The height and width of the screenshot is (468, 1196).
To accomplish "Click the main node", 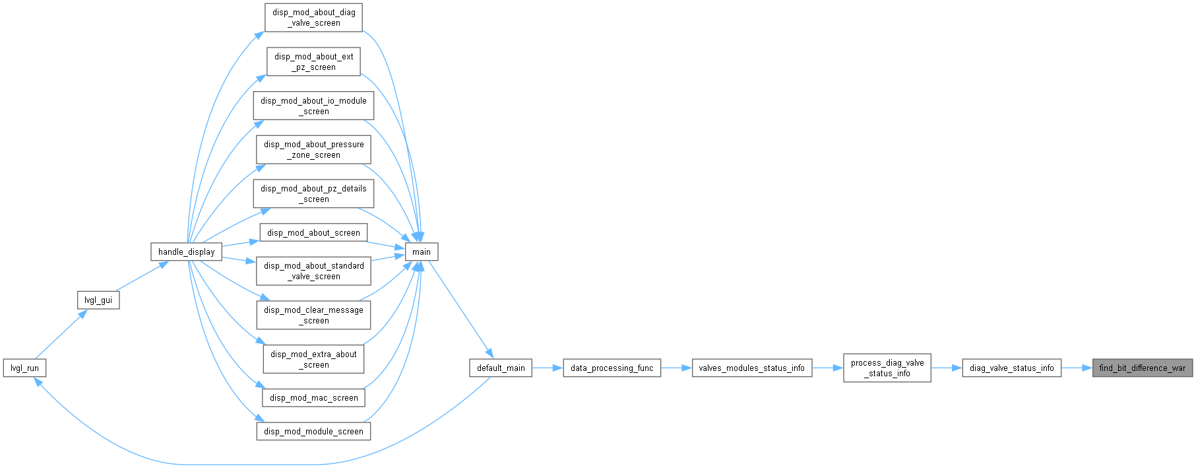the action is pyautogui.click(x=422, y=251).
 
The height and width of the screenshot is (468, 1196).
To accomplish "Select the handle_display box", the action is pyautogui.click(x=187, y=251).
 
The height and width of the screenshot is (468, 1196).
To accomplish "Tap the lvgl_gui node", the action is pyautogui.click(x=98, y=300).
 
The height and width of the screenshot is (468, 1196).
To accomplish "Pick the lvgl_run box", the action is pyautogui.click(x=24, y=368).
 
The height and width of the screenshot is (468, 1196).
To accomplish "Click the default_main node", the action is pyautogui.click(x=501, y=368).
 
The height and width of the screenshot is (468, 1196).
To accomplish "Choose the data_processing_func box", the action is pyautogui.click(x=612, y=368).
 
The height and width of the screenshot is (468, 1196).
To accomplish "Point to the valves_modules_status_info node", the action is pyautogui.click(x=752, y=368).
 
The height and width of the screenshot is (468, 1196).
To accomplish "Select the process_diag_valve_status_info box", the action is pyautogui.click(x=887, y=368).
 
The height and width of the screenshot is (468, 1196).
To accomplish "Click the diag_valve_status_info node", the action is pyautogui.click(x=1012, y=368).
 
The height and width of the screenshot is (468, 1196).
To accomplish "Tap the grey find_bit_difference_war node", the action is pyautogui.click(x=1143, y=368).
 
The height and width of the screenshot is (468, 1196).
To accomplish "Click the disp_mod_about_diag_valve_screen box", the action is pyautogui.click(x=314, y=17).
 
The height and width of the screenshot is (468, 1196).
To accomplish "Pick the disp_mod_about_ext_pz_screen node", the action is pyautogui.click(x=314, y=61).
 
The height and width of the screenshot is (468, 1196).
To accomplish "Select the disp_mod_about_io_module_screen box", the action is pyautogui.click(x=314, y=106).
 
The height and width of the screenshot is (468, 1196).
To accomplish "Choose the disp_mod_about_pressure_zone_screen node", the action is pyautogui.click(x=314, y=149).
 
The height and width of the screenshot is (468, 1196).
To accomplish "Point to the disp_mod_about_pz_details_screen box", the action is pyautogui.click(x=314, y=193).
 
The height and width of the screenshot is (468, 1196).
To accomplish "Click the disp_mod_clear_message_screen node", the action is pyautogui.click(x=314, y=315).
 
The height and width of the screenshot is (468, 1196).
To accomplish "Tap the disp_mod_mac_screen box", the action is pyautogui.click(x=314, y=397).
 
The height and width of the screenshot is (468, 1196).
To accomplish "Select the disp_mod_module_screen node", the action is pyautogui.click(x=314, y=431).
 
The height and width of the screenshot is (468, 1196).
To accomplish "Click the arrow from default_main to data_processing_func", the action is pyautogui.click(x=548, y=368).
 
